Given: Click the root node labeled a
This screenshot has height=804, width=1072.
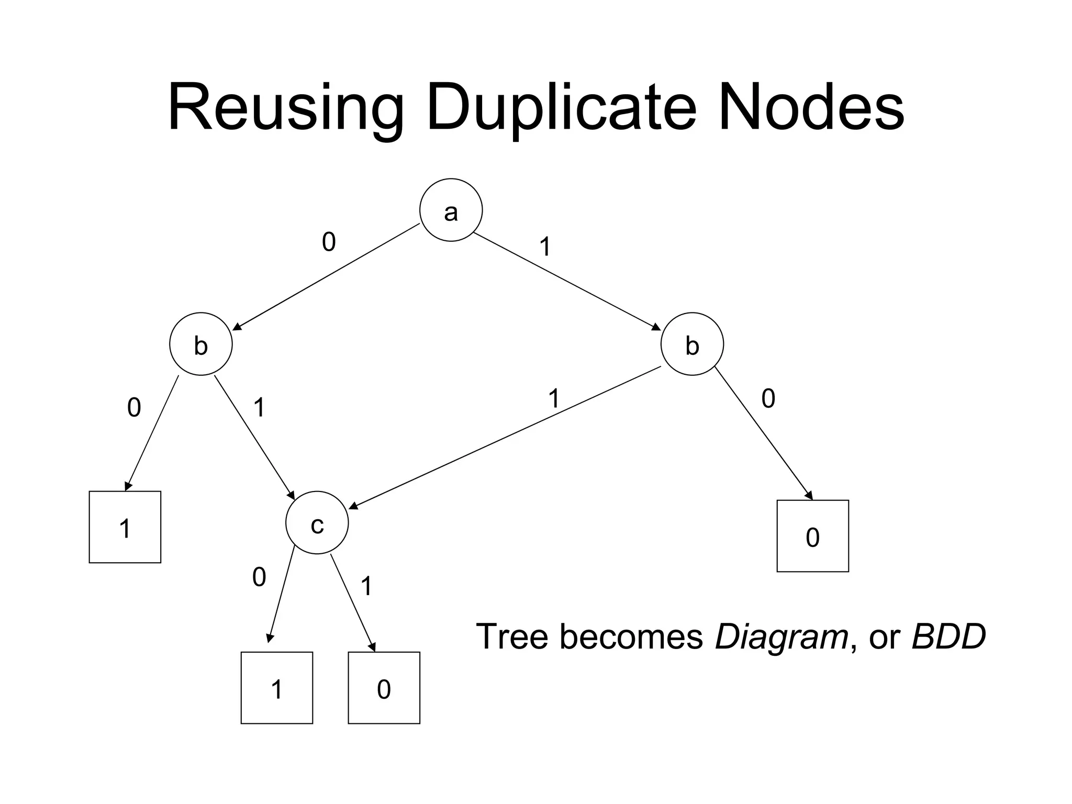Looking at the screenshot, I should coord(451,210).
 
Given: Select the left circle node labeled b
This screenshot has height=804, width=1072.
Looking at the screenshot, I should coord(201,344).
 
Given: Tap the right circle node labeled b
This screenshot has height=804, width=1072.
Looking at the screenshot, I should coord(692,344).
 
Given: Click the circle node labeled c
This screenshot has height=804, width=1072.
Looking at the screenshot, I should coord(317,523).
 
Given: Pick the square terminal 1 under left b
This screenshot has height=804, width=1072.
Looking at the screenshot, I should coord(125,527).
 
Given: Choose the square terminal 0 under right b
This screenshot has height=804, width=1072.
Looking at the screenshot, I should coord(812,536).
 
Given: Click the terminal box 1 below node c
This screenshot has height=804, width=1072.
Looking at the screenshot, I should coord(277,688).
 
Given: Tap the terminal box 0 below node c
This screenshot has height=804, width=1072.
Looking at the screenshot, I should coord(384,688).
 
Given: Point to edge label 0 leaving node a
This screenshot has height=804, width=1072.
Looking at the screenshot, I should coord(329,242).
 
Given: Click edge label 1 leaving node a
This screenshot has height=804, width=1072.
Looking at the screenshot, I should coord(545,247).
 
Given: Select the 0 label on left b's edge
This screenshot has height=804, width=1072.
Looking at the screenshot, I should coord(134,407).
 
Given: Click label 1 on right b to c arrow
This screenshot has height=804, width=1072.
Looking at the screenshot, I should coord(554,398).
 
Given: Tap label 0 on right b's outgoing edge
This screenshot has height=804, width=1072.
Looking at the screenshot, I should coord(768,398).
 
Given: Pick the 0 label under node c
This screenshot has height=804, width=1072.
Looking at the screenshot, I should coord(259,577).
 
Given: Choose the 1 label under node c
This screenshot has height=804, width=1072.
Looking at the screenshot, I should coord(366,586).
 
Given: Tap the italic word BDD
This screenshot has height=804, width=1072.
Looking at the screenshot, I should coord(948,636).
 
